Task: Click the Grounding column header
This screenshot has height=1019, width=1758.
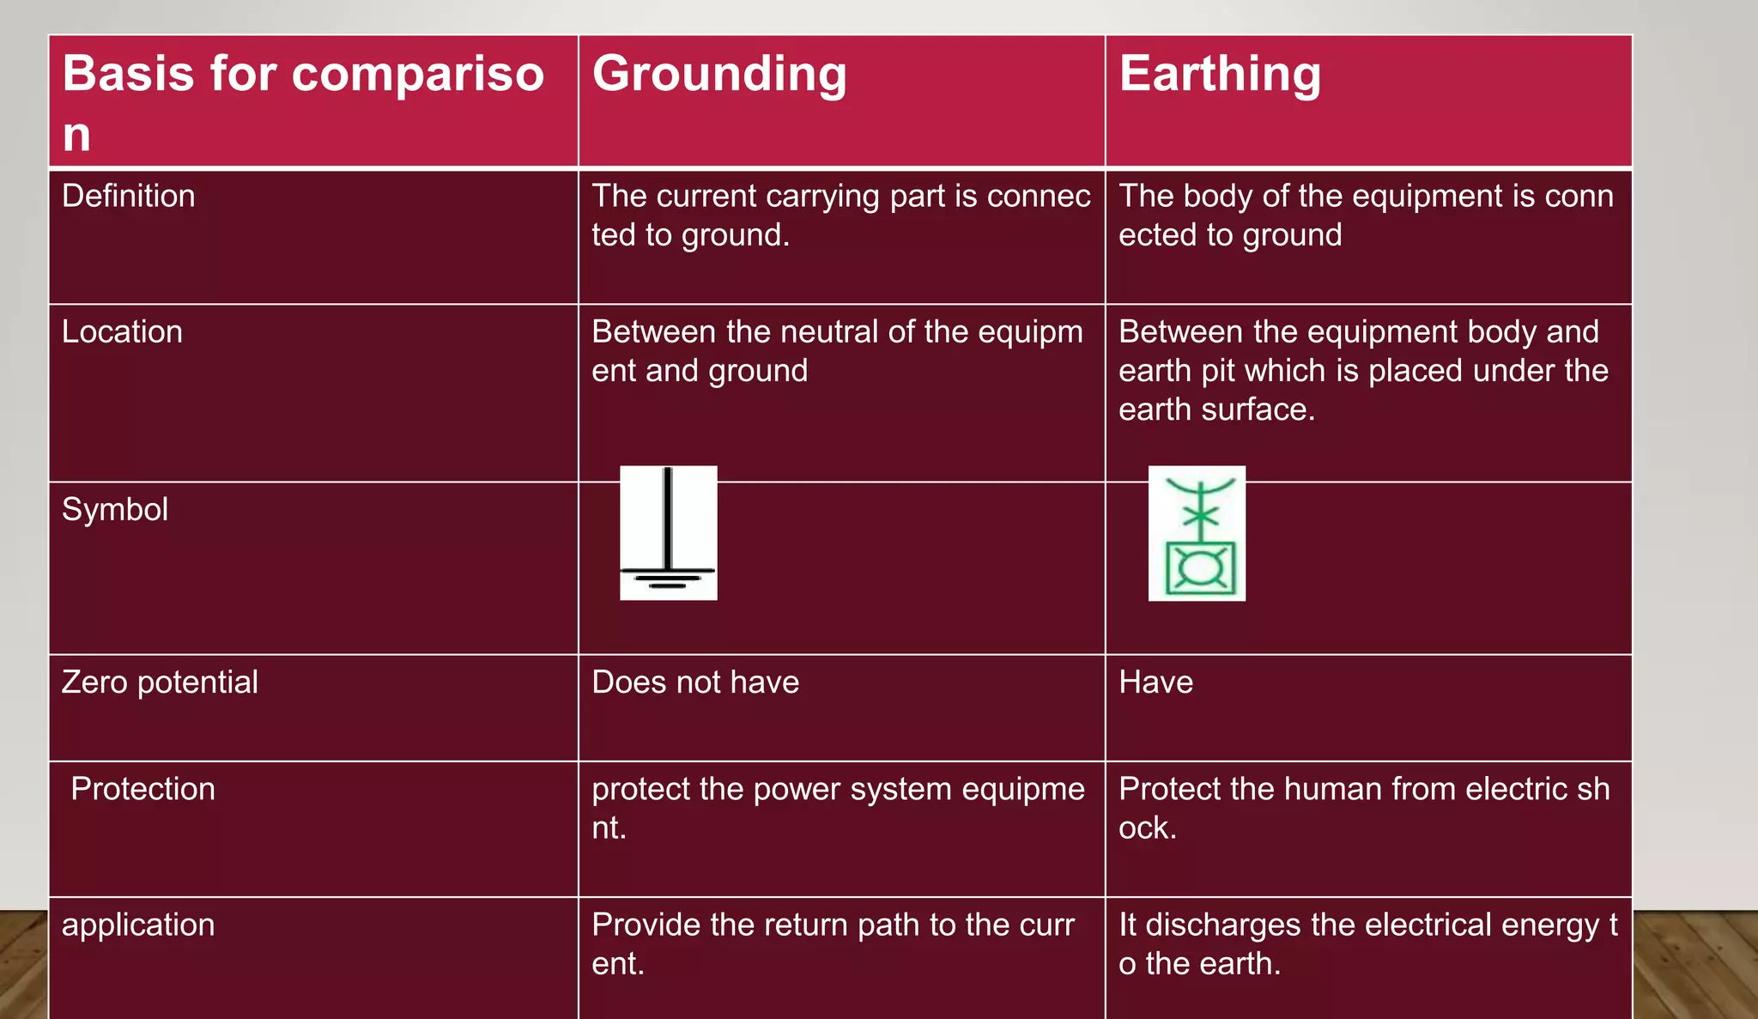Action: (719, 74)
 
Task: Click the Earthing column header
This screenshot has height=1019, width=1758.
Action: (1220, 74)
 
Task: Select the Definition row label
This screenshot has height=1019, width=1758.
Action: (129, 197)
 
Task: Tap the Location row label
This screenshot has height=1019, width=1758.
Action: (122, 332)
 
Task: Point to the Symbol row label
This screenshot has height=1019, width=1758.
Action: (115, 510)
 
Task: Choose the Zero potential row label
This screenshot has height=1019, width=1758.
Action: (160, 682)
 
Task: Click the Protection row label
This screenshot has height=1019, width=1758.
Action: (142, 789)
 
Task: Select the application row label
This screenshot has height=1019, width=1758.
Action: (138, 925)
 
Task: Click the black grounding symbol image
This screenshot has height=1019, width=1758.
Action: (669, 533)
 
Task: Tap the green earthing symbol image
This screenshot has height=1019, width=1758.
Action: (1197, 533)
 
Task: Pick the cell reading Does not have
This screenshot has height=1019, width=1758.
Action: (695, 682)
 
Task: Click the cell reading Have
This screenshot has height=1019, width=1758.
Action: (1155, 682)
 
